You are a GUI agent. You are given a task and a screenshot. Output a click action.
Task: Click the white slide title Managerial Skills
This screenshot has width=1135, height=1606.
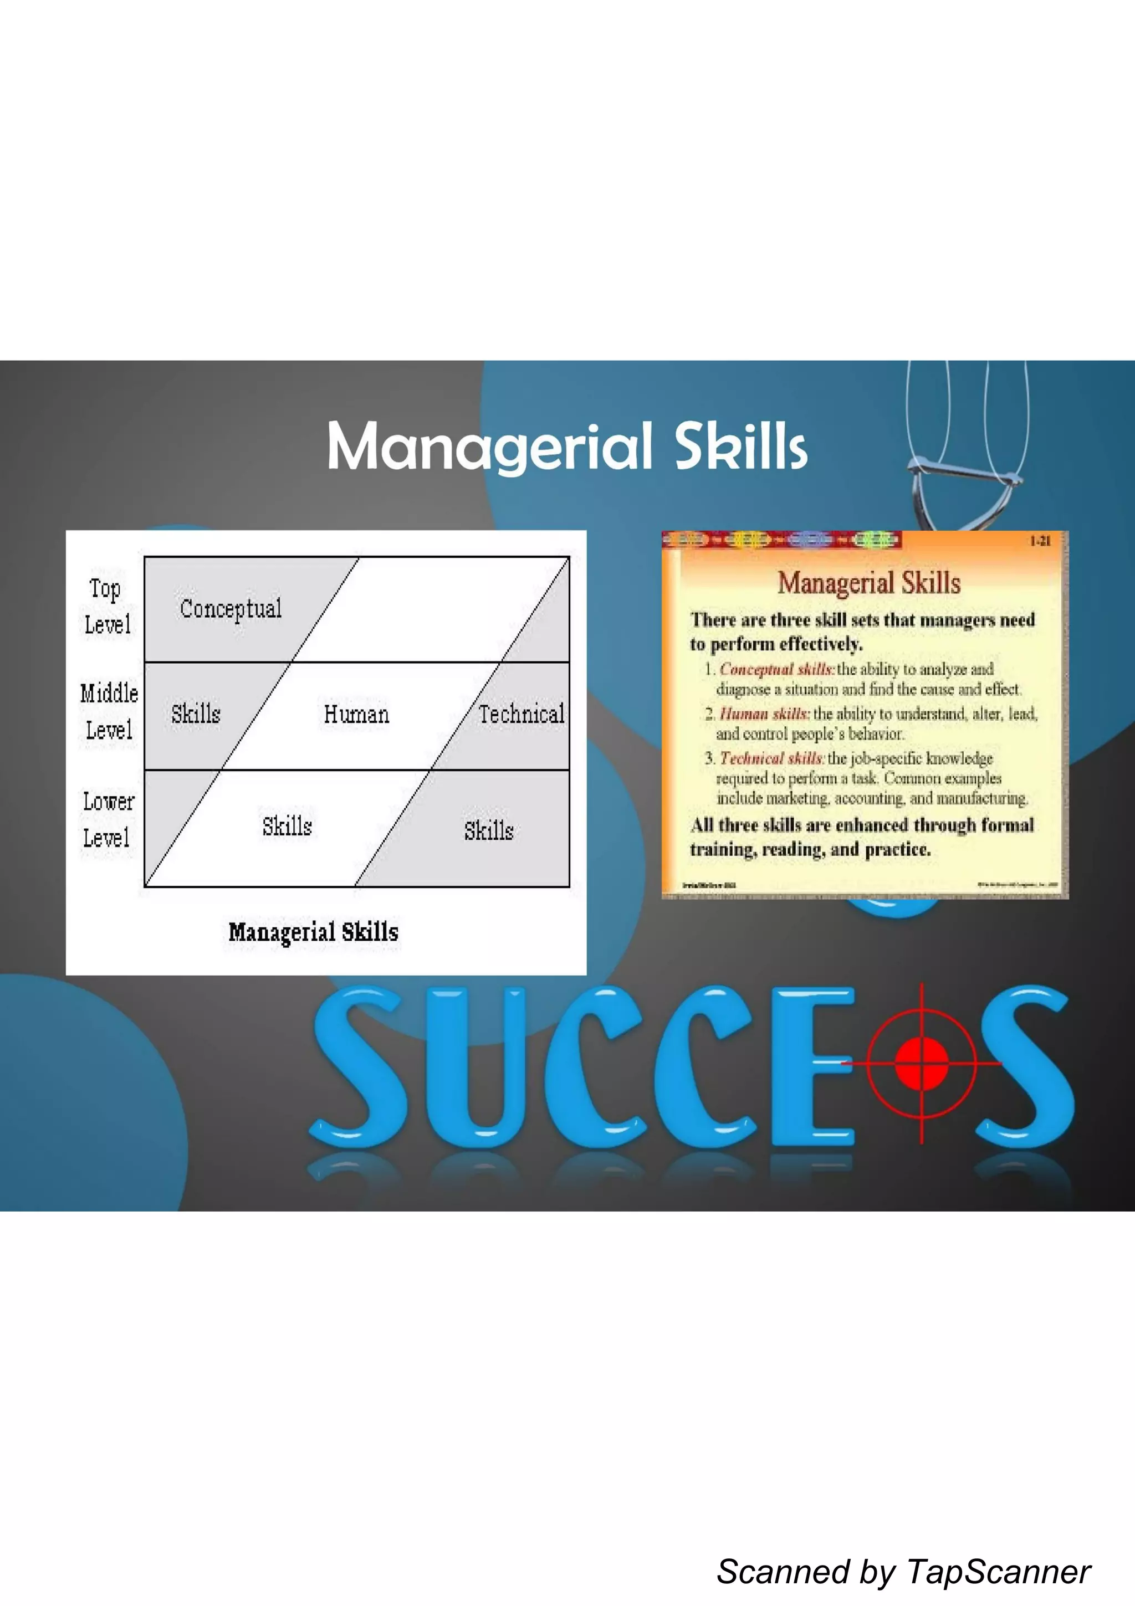567,447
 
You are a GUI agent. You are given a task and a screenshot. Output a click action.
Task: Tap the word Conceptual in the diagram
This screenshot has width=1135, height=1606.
231,608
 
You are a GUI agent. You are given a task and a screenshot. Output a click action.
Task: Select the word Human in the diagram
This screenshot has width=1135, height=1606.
356,714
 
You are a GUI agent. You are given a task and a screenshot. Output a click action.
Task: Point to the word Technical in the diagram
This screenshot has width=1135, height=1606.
522,714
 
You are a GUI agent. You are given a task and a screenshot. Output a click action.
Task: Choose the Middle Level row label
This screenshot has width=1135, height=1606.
109,711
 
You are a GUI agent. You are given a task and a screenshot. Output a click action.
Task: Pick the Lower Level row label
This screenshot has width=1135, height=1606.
108,819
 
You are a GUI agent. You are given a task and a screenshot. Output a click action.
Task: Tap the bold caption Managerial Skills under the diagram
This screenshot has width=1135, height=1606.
314,932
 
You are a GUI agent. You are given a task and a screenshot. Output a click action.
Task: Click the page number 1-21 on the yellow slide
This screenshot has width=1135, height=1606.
1040,541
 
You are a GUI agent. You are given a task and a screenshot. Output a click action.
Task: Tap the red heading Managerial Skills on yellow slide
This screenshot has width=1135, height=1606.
868,583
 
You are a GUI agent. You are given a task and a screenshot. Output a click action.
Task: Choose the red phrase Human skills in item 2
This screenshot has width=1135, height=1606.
764,714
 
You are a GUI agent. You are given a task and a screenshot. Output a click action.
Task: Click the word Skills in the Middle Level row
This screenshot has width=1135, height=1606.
196,714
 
